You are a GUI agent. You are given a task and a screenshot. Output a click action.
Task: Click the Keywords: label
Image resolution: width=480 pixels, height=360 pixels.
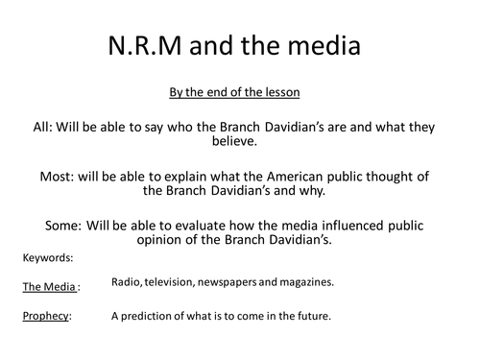pyautogui.click(x=45, y=257)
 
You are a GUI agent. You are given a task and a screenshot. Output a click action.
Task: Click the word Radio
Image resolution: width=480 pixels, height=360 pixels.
pyautogui.click(x=128, y=282)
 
